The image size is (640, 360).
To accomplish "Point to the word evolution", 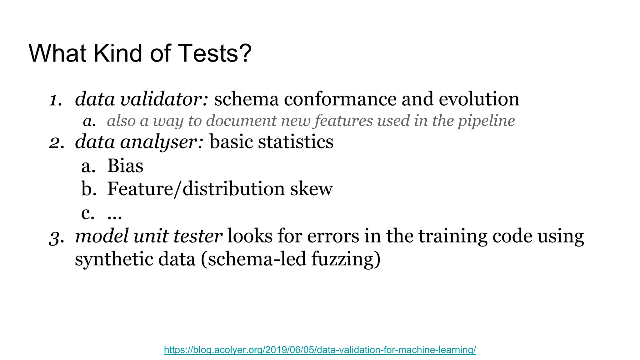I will click(x=479, y=99).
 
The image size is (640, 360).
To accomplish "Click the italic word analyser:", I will click(x=162, y=142).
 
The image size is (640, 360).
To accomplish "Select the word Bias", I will click(x=125, y=166).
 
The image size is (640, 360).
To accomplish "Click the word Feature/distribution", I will click(x=196, y=189).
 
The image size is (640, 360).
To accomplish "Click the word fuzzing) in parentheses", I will click(x=346, y=259).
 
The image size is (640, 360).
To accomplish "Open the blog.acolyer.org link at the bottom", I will click(x=320, y=350).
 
